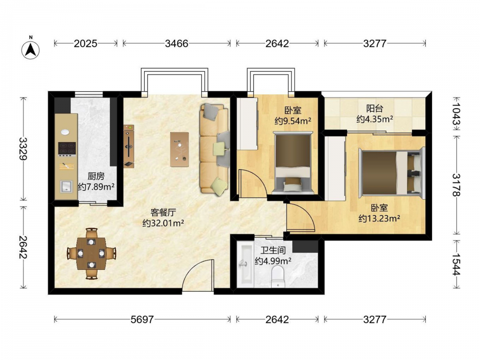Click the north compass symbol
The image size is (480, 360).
pos(31,48)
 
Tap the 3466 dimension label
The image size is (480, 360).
pos(177,44)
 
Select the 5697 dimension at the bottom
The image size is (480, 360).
pos(142,320)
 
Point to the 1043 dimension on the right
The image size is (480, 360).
pos(456,113)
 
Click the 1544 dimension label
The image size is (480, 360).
pos(456,264)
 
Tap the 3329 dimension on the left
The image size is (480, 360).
pos(23,149)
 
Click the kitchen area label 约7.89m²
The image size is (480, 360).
pos(96,186)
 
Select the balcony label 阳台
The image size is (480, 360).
pos(375,108)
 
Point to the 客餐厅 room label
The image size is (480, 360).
pos(163,213)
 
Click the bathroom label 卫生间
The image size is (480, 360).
pos(273,251)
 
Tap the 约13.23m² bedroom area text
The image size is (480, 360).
pos(380,218)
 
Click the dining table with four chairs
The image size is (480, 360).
pos(91,253)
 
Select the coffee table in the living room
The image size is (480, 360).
pos(180,149)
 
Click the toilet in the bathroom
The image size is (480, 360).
pos(278,277)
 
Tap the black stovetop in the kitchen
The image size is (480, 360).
pos(67,149)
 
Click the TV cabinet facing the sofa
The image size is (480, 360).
pos(129,146)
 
